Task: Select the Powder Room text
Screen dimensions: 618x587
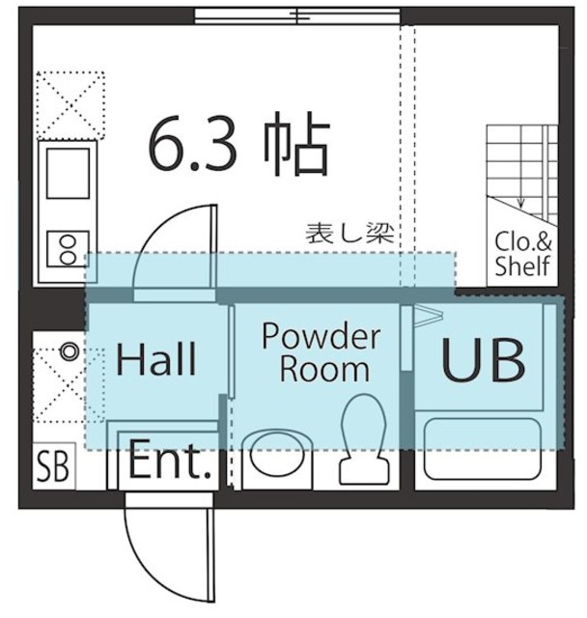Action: tap(321, 352)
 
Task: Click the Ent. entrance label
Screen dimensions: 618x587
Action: tap(170, 464)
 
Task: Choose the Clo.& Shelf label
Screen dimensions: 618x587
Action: tap(522, 254)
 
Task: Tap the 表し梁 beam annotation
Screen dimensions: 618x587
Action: tap(347, 233)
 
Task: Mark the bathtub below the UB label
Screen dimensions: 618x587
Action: tap(483, 449)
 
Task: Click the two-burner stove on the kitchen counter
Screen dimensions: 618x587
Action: tap(67, 246)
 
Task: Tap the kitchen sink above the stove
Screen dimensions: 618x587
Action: tap(67, 174)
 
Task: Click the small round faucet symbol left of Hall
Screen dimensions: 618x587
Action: tap(69, 351)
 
